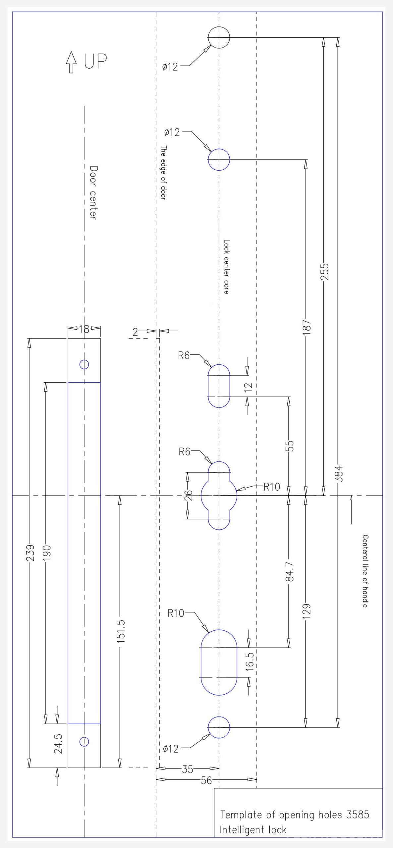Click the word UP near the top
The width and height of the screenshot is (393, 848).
(x=95, y=61)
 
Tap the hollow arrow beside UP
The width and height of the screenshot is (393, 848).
(x=71, y=62)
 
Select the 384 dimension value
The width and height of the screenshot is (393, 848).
(x=338, y=474)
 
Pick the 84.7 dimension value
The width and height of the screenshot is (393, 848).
(x=290, y=572)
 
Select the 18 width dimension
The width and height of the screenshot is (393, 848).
(x=84, y=329)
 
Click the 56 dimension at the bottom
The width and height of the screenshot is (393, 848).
(x=206, y=780)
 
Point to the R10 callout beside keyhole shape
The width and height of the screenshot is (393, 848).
(x=272, y=487)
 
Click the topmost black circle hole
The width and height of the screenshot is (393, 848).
(x=219, y=37)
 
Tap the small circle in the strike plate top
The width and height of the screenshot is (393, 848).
(x=84, y=364)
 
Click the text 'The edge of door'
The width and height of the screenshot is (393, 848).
(x=163, y=173)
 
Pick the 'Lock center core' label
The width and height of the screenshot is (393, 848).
(x=226, y=267)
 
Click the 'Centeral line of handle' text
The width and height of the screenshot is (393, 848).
(x=365, y=571)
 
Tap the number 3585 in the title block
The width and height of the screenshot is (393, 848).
(x=357, y=815)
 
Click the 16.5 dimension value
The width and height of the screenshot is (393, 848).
(x=250, y=661)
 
